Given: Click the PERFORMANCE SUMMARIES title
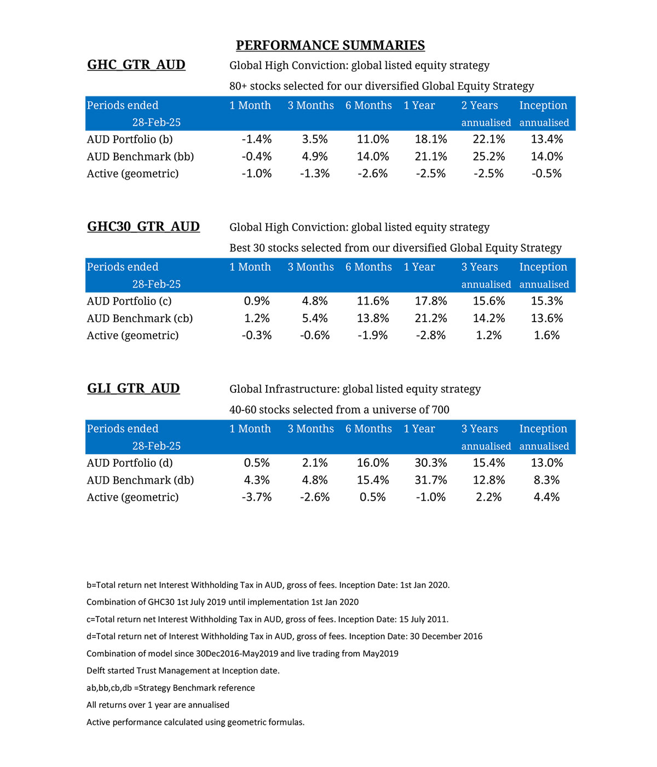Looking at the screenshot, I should (330, 45).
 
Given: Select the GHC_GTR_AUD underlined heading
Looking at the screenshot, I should (136, 65).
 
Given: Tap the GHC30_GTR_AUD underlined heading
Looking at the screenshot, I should (143, 226).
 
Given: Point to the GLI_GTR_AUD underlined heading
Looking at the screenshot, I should (134, 388).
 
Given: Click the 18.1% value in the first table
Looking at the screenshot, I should (430, 139).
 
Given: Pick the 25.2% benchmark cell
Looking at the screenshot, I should (488, 157).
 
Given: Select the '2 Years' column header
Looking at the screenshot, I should (479, 105).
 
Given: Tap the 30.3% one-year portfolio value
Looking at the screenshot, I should (430, 463).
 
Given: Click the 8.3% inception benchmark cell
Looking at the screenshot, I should (546, 480).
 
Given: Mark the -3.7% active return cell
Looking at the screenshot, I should (256, 497).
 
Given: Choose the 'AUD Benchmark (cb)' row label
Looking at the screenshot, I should (140, 318).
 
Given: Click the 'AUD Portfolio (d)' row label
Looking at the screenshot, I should (130, 463).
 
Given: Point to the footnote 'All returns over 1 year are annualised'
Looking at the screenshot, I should (158, 705).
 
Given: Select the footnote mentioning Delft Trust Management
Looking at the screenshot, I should (183, 671).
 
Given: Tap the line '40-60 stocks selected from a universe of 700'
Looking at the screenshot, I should (339, 410).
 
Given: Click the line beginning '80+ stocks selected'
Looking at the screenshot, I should (381, 86).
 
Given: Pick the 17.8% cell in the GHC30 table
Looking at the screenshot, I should (430, 301).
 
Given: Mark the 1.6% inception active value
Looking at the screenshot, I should (546, 335).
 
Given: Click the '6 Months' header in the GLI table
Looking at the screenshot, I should (368, 429).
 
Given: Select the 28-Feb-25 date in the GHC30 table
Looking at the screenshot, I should (156, 284).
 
